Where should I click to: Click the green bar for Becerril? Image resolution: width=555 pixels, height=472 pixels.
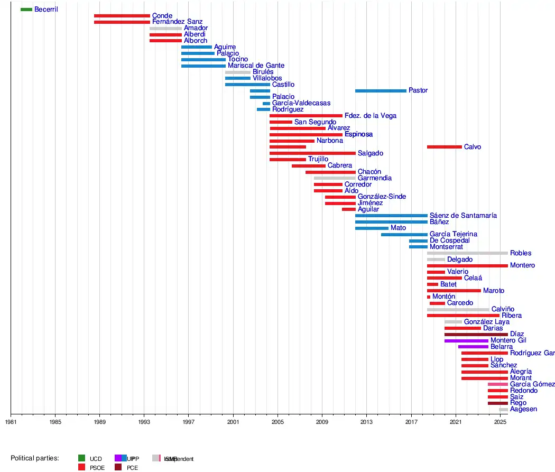(26, 10)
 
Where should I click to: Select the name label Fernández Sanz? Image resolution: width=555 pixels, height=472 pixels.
(177, 22)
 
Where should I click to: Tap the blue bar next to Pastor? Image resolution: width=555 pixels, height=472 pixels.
(381, 91)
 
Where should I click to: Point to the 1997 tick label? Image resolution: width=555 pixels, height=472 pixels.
(188, 422)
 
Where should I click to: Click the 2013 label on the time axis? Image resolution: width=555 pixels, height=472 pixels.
(366, 422)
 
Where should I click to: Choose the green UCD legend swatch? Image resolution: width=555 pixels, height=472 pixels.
(81, 458)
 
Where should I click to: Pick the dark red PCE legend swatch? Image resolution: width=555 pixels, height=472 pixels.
(118, 467)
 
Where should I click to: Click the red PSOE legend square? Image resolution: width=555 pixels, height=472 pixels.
(81, 467)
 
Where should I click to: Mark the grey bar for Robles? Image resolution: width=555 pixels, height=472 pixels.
(467, 253)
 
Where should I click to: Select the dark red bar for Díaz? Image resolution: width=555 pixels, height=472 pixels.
(476, 335)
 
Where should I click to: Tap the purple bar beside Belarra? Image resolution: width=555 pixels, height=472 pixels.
(473, 347)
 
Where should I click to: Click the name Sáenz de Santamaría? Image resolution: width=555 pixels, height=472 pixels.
(463, 216)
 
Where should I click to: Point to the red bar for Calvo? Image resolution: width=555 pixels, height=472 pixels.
(444, 147)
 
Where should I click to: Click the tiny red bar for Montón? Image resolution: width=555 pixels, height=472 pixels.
(429, 297)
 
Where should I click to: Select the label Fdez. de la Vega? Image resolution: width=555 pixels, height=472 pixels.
(370, 116)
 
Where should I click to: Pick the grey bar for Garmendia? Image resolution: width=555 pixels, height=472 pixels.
(335, 178)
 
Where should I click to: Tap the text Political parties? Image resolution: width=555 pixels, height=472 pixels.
(34, 458)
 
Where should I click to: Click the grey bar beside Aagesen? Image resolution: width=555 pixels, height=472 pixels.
(503, 410)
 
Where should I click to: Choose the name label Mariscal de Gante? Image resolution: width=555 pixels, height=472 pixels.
(256, 66)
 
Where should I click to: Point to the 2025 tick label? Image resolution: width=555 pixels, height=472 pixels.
(500, 422)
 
